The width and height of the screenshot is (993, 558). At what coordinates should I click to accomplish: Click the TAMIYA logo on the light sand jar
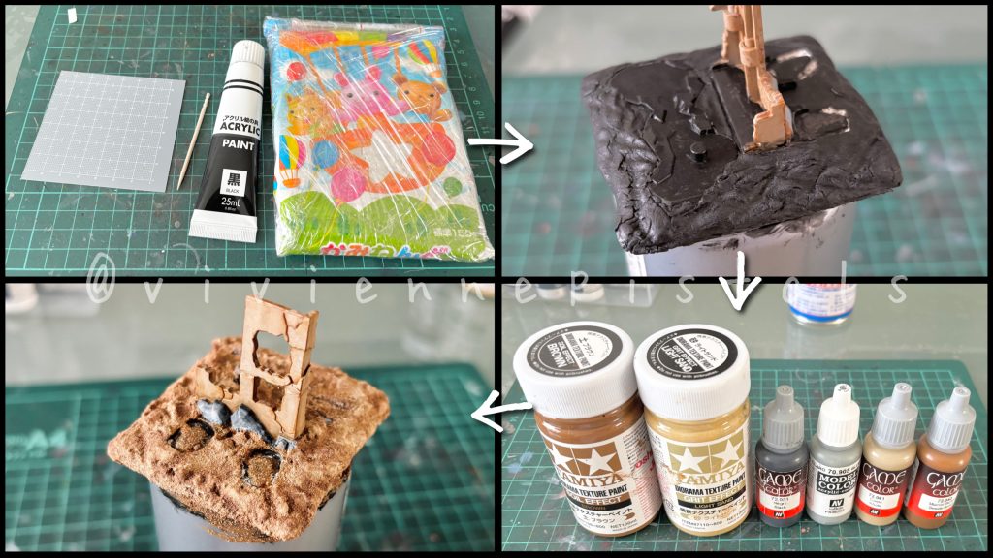[x=691, y=458]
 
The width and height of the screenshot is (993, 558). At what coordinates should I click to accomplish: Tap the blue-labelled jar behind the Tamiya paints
[x=821, y=300]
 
